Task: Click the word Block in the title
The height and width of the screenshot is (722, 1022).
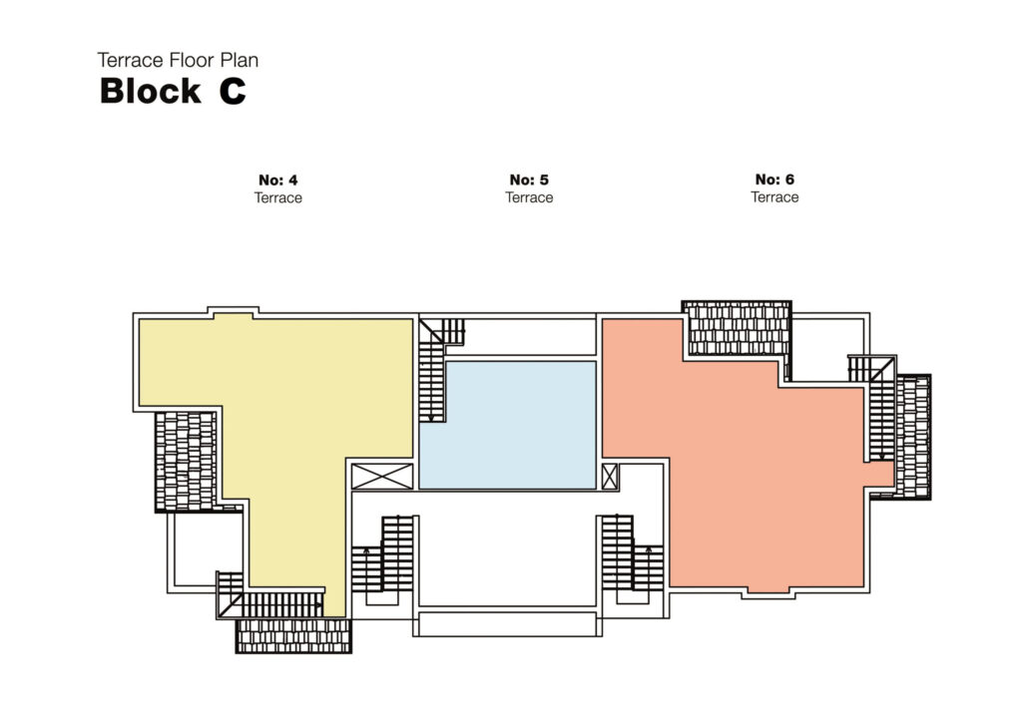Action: (x=150, y=92)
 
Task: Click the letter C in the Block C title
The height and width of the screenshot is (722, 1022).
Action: (x=232, y=92)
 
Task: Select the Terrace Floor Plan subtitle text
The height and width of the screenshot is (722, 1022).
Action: (x=178, y=60)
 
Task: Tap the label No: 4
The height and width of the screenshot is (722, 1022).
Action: (x=277, y=180)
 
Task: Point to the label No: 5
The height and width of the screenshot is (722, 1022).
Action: (x=529, y=180)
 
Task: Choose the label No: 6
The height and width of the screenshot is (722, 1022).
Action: (x=774, y=180)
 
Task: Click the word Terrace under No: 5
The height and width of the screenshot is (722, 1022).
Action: (x=529, y=197)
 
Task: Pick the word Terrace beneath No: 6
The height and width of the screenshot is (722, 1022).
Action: (x=774, y=197)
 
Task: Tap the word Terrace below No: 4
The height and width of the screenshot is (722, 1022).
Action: (x=277, y=197)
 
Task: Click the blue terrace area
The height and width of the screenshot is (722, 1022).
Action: (x=507, y=425)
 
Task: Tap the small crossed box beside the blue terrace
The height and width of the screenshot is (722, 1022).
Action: (x=610, y=476)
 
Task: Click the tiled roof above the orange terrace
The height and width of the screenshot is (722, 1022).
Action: (x=738, y=328)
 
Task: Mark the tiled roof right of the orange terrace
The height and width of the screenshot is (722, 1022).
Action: (x=912, y=436)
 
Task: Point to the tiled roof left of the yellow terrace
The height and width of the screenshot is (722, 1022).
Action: (x=186, y=460)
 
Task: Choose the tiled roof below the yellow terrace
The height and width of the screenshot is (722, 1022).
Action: (x=293, y=635)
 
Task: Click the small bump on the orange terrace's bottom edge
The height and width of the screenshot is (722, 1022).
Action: (x=766, y=590)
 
